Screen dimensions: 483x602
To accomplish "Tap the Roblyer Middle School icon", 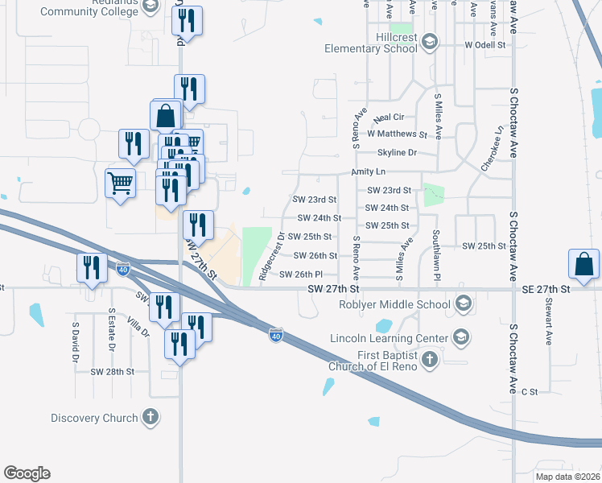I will tap(463, 303).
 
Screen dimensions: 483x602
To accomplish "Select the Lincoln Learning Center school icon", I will tap(460, 336).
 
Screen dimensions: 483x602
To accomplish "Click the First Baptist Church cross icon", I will tap(430, 358).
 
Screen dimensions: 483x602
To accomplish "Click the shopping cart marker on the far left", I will tap(121, 183).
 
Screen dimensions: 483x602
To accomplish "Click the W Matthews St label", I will tap(397, 134).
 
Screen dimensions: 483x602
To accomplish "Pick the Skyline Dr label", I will tap(397, 152).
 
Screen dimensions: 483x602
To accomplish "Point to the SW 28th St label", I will tap(112, 372).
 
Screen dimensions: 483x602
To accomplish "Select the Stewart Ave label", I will tap(548, 322).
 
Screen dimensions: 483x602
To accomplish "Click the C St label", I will tap(529, 391).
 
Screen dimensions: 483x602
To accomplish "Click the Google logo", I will tap(27, 473).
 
